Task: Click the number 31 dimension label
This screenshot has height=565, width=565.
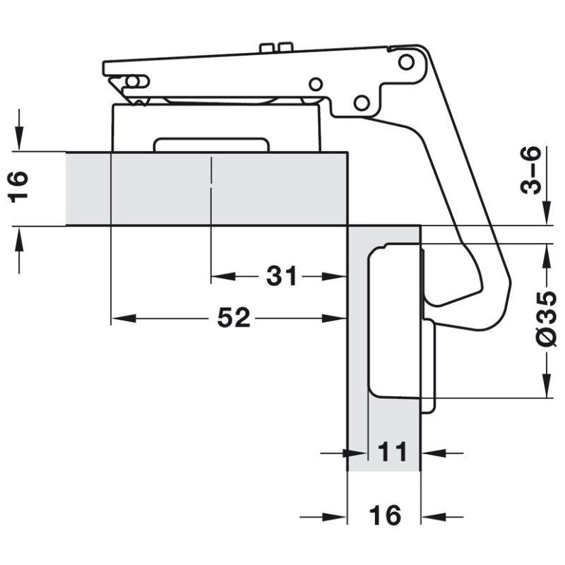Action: coord(281,276)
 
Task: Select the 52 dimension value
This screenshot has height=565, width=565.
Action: coord(234,318)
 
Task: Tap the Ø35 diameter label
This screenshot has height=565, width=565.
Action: coord(547,319)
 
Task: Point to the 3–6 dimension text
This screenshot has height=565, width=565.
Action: coord(532,170)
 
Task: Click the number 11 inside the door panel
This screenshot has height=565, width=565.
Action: coord(393,452)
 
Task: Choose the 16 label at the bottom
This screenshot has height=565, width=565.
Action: coord(385,516)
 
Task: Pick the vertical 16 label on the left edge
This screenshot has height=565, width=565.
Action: coord(18,187)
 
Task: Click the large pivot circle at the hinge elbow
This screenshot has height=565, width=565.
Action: coord(406,62)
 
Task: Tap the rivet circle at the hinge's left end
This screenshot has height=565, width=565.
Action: coord(133,82)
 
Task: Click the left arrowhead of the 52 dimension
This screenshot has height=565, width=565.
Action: coord(124,319)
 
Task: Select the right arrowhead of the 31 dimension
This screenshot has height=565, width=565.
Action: coord(334,277)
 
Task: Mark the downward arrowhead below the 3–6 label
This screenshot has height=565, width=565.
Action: coord(547,213)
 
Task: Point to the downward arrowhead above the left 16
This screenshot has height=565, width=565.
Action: coord(20,138)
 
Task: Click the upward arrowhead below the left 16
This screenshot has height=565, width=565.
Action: coord(20,239)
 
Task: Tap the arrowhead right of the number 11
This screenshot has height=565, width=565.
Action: coord(434,453)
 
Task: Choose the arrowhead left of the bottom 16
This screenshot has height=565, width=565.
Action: coord(334,517)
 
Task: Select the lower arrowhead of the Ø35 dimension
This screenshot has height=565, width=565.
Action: coord(547,386)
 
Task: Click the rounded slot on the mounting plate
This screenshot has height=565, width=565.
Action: coord(211,144)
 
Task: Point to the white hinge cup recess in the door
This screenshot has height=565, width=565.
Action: coord(394,320)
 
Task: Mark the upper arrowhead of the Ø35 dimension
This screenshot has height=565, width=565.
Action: coord(547,256)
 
